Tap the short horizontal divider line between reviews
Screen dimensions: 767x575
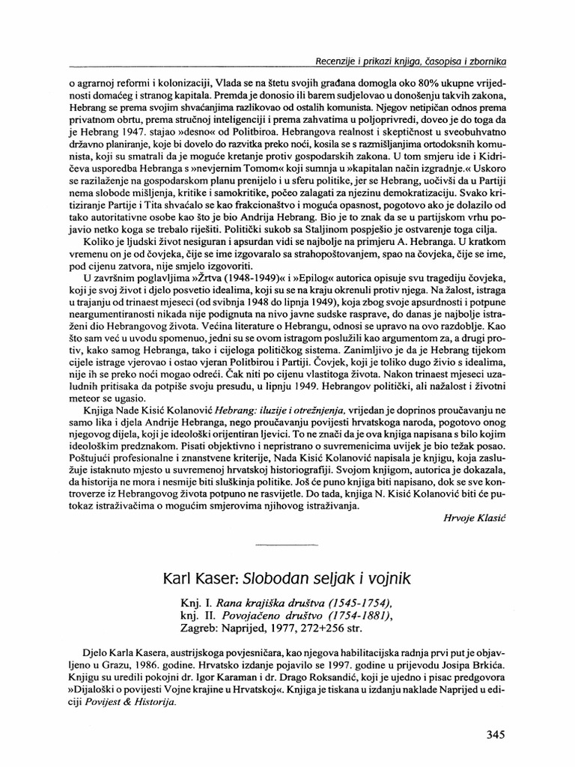pyautogui.click(x=287, y=545)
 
